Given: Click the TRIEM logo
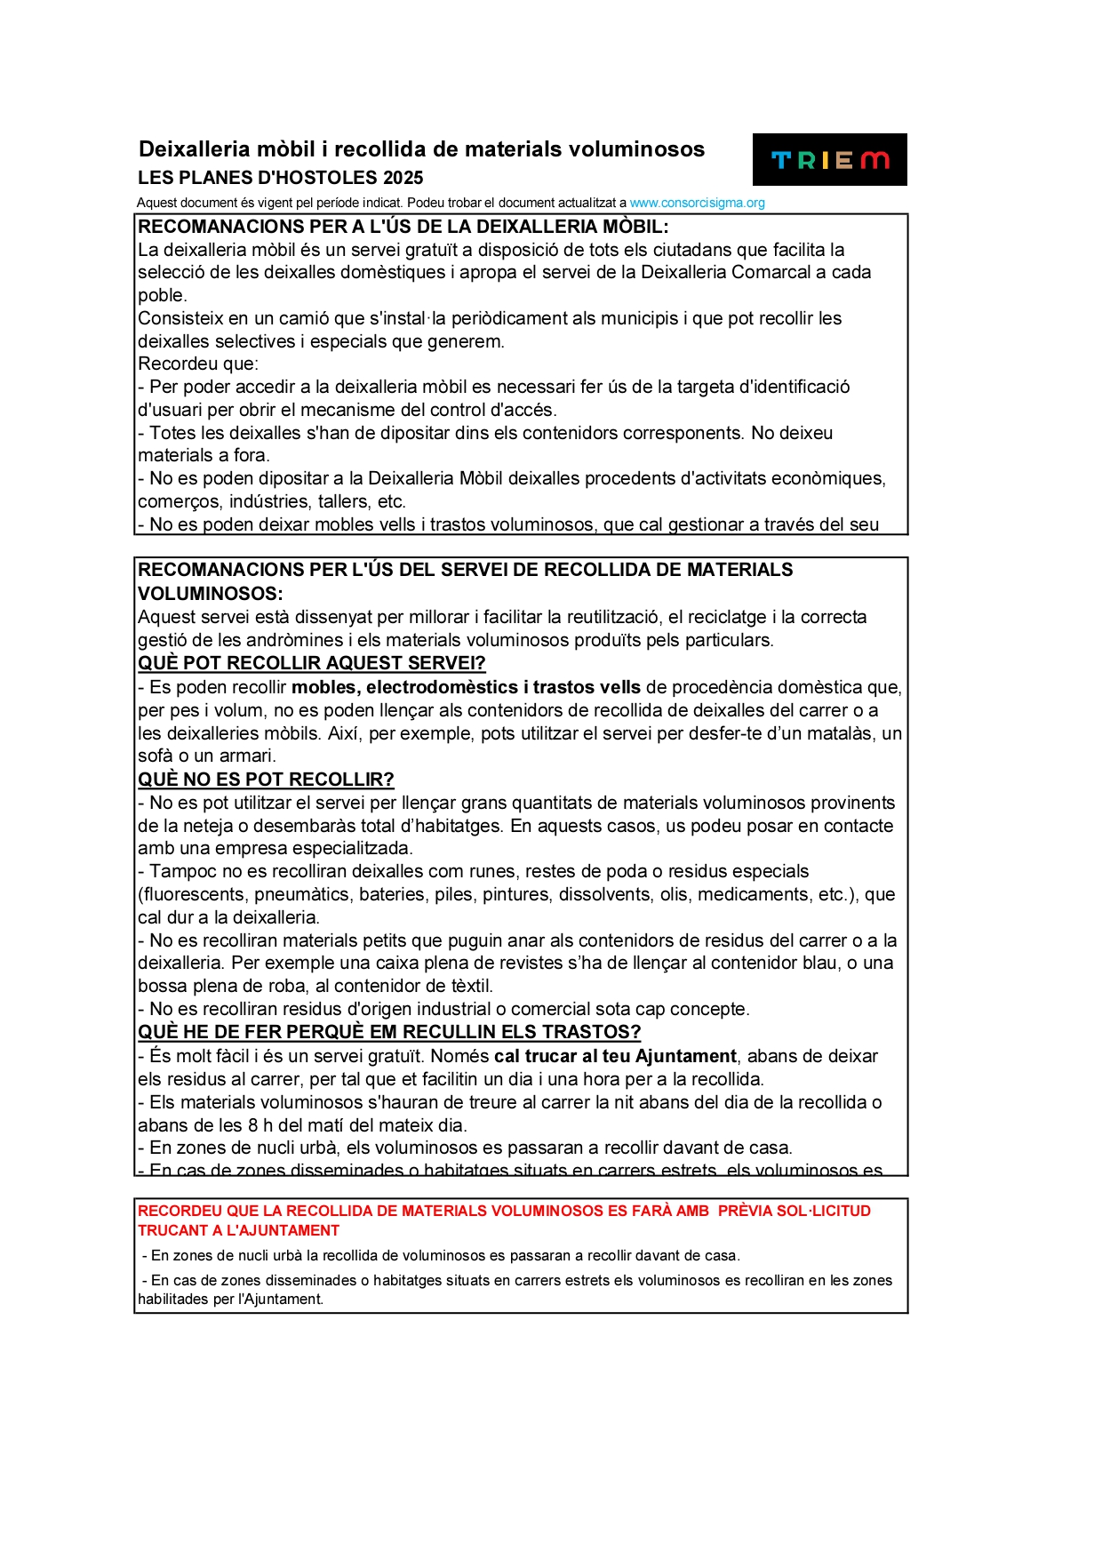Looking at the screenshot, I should point(829,160).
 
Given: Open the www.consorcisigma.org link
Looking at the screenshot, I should point(697,203).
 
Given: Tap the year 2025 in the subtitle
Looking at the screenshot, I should point(403,178).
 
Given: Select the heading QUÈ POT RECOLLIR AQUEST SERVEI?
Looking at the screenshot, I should point(311,663).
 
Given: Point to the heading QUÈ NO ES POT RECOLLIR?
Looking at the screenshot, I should point(265,780).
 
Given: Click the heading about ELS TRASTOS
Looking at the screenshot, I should point(388,1032).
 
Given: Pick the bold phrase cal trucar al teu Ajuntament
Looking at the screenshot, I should point(615,1056).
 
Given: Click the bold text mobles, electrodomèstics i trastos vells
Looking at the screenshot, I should point(466,687).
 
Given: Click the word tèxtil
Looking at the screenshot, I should point(468,986).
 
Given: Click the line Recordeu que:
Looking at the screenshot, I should point(197,364).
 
